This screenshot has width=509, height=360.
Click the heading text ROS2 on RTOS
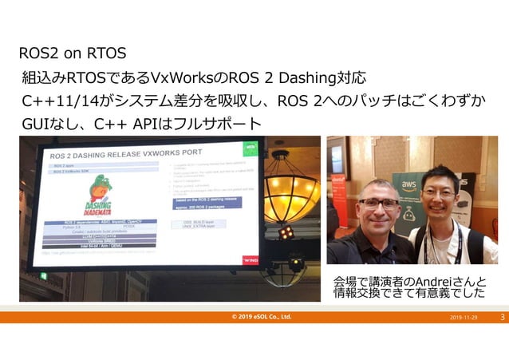(73, 54)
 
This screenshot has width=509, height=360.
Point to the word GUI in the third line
(36, 125)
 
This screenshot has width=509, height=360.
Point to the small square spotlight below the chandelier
(285, 232)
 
